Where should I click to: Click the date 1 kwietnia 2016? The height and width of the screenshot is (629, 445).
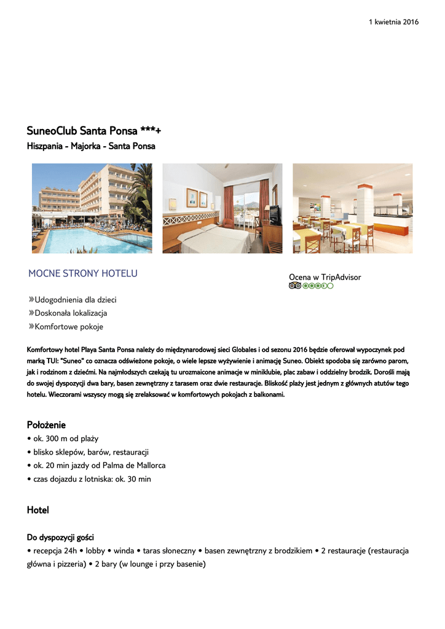pyautogui.click(x=393, y=22)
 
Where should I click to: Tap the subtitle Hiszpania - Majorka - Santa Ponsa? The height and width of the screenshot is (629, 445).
pyautogui.click(x=91, y=146)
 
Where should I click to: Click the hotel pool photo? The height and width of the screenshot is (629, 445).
pyautogui.click(x=92, y=208)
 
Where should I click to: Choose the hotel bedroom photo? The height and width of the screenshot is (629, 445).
pyautogui.click(x=222, y=208)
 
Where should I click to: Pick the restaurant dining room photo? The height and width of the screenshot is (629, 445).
pyautogui.click(x=352, y=208)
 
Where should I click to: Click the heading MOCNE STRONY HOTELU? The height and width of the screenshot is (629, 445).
pyautogui.click(x=83, y=273)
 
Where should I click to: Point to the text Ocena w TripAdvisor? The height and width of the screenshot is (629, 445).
pyautogui.click(x=325, y=277)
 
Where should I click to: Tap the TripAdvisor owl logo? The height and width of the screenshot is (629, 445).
pyautogui.click(x=294, y=286)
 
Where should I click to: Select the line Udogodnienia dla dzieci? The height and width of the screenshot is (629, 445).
pyautogui.click(x=75, y=300)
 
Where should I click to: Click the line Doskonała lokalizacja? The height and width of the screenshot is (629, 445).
pyautogui.click(x=71, y=313)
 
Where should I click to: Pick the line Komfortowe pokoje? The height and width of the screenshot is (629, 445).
pyautogui.click(x=69, y=327)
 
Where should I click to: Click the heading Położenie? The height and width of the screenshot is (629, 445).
pyautogui.click(x=46, y=425)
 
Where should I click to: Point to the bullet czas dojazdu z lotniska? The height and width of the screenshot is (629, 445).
pyautogui.click(x=89, y=479)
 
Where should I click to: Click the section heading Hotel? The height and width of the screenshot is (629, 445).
pyautogui.click(x=37, y=510)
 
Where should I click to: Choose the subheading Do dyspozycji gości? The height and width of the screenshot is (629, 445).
pyautogui.click(x=60, y=537)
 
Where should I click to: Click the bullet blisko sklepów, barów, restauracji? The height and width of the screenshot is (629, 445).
pyautogui.click(x=88, y=452)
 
